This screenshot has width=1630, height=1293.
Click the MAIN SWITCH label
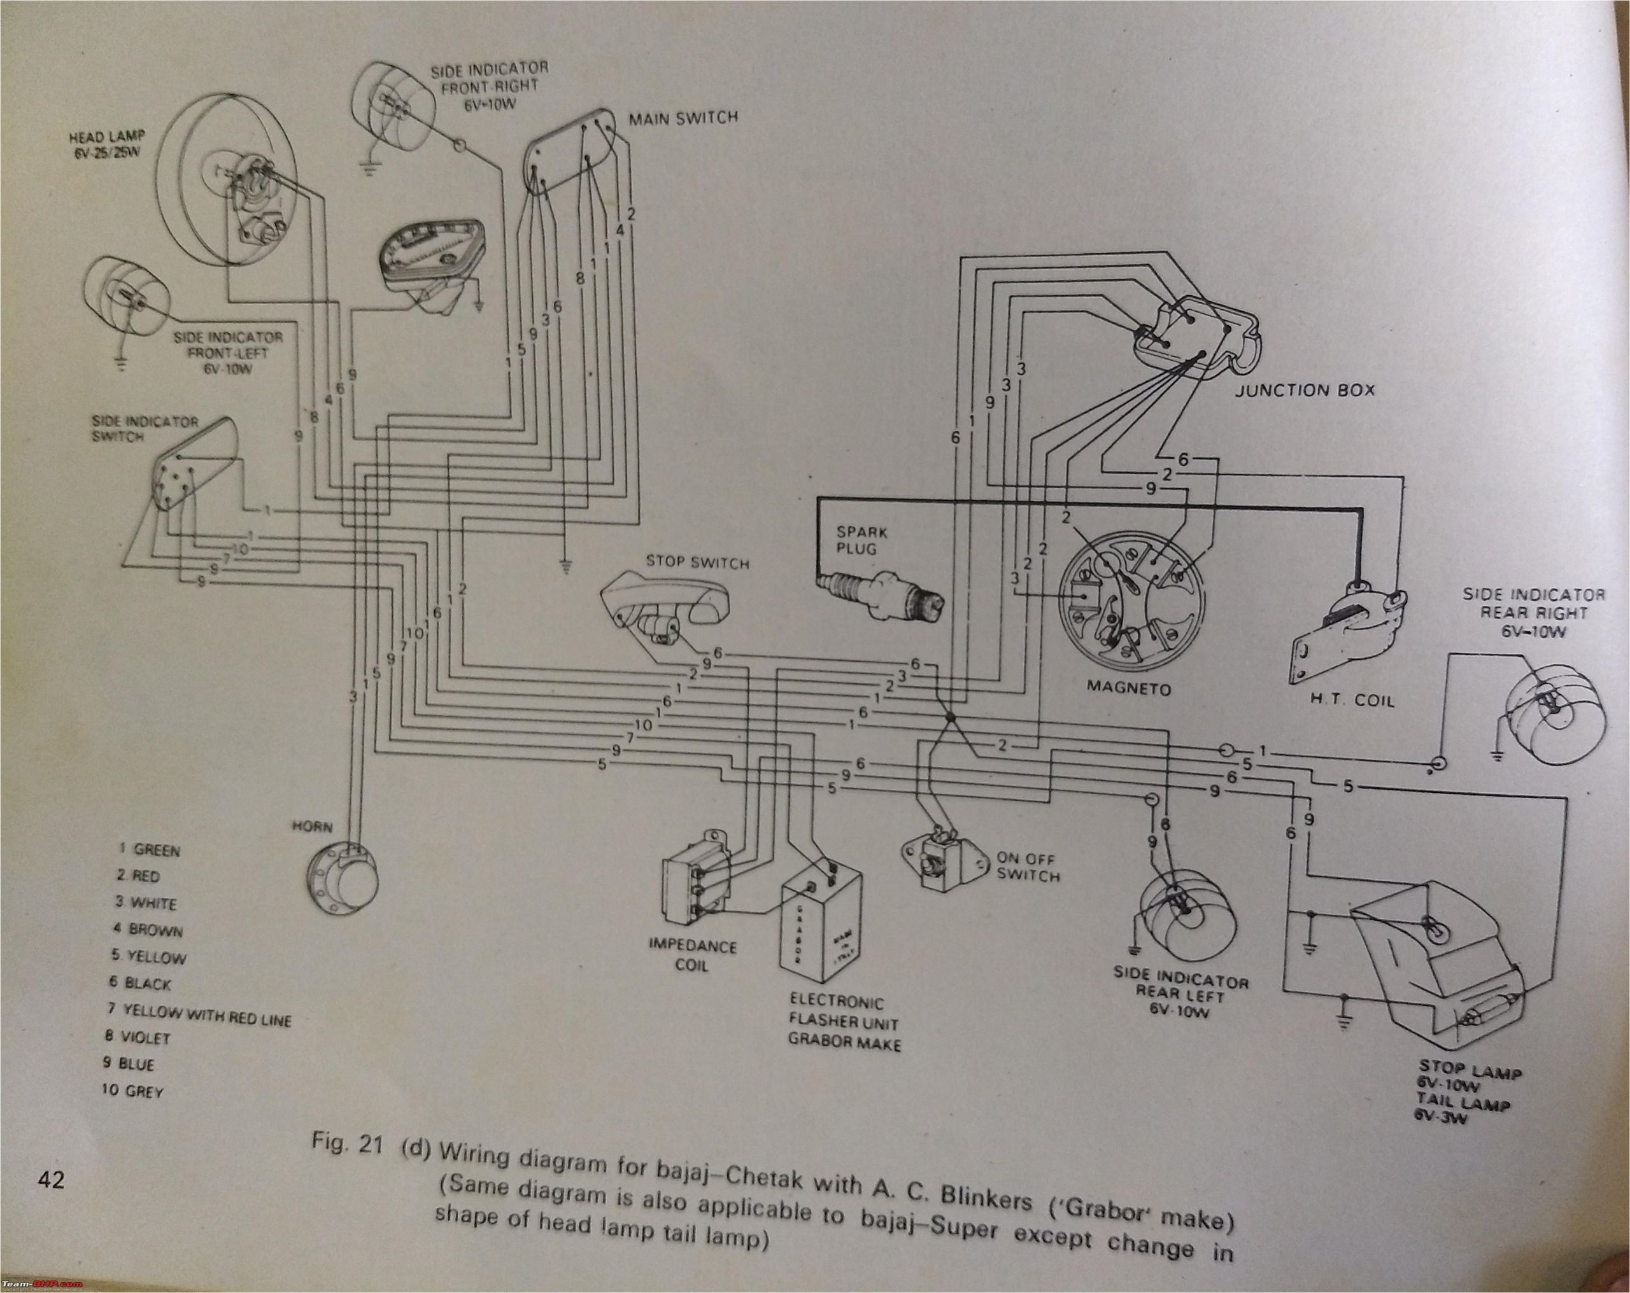click(x=683, y=118)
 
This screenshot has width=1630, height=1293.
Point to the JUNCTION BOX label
click(x=1304, y=391)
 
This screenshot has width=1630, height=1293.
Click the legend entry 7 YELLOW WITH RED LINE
click(x=198, y=1014)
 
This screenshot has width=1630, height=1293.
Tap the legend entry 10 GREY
click(x=133, y=1091)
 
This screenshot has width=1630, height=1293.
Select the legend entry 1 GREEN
click(x=150, y=849)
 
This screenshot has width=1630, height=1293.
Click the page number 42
click(x=52, y=1179)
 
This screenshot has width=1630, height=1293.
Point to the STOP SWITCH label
click(x=697, y=563)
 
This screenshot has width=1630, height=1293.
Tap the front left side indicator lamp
click(x=129, y=299)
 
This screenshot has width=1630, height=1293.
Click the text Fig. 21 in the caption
click(x=348, y=1143)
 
